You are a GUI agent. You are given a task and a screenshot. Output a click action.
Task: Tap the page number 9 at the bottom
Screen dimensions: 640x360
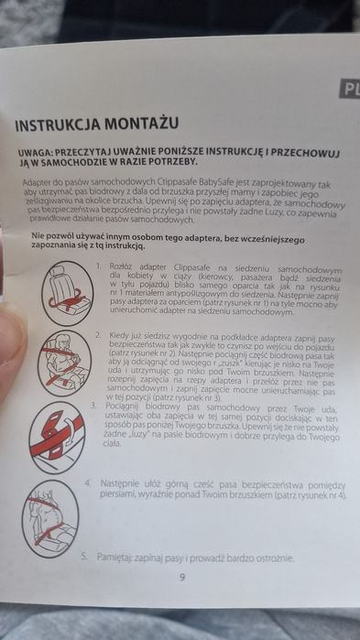(182, 578)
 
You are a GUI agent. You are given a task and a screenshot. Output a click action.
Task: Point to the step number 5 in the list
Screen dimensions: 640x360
(83, 555)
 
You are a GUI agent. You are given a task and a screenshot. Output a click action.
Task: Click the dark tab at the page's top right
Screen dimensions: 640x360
(349, 89)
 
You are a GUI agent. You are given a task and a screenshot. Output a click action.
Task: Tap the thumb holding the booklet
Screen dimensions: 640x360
(11, 302)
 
